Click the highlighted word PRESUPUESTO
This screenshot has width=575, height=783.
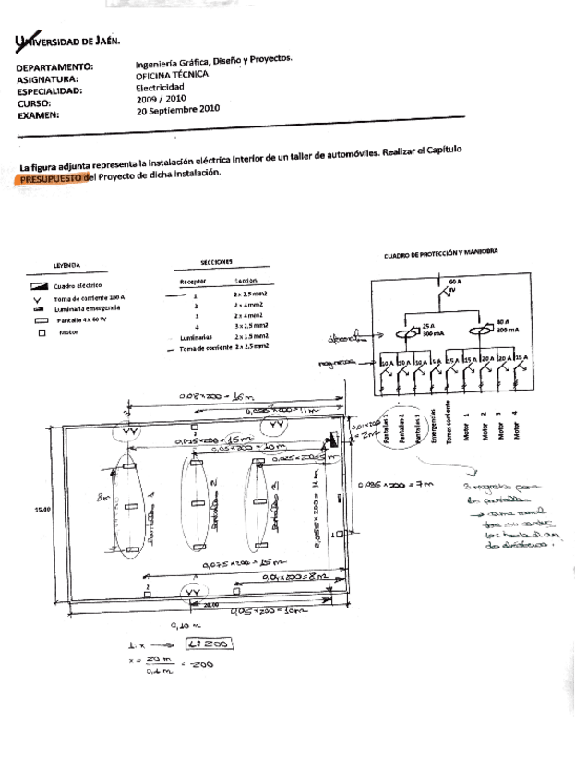pyautogui.click(x=49, y=180)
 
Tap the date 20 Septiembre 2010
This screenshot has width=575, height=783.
pyautogui.click(x=178, y=108)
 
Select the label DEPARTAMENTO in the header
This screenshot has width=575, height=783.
pyautogui.click(x=54, y=67)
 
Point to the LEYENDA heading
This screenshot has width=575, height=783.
pyautogui.click(x=66, y=265)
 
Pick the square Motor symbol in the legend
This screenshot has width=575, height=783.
pyautogui.click(x=42, y=332)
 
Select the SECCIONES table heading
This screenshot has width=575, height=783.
pyautogui.click(x=216, y=262)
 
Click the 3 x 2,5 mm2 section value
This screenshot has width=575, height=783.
pyautogui.click(x=250, y=325)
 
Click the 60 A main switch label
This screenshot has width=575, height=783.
pyautogui.click(x=455, y=278)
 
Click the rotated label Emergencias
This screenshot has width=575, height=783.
pyautogui.click(x=421, y=427)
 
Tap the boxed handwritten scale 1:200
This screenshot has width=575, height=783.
pyautogui.click(x=209, y=644)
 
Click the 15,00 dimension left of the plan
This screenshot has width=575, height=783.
pyautogui.click(x=42, y=508)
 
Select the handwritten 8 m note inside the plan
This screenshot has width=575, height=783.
pyautogui.click(x=103, y=497)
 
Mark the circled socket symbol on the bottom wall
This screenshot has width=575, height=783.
pyautogui.click(x=194, y=590)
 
